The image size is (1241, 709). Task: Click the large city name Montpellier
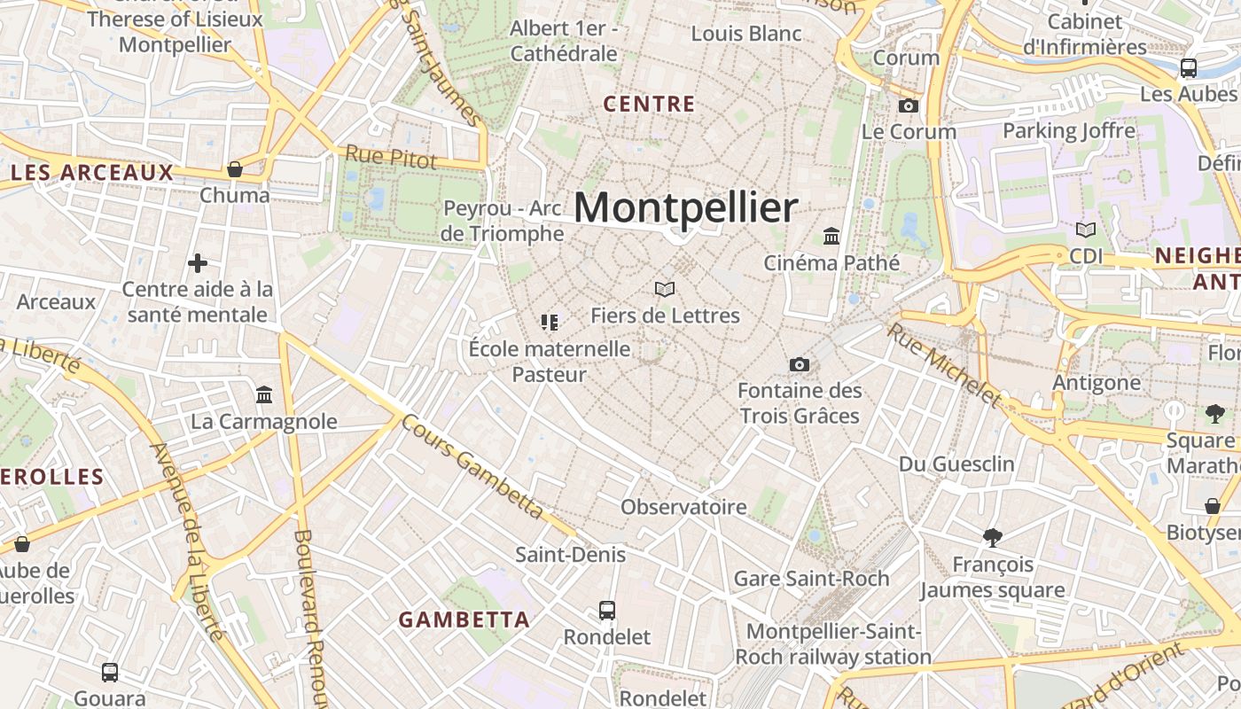[x=685, y=207]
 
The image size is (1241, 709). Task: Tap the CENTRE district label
[x=649, y=104]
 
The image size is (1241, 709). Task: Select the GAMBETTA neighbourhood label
[x=464, y=619]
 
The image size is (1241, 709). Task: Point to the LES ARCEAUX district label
[x=91, y=172]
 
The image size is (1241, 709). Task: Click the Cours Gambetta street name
[x=472, y=466]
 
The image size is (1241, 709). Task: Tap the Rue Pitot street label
[x=391, y=157]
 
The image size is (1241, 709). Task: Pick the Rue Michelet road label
[x=945, y=366]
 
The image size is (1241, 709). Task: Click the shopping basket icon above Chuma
[x=235, y=168]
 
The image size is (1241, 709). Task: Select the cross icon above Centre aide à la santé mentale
[x=198, y=263]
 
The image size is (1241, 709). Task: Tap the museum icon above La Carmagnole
[x=264, y=394]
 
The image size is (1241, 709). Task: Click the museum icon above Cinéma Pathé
[x=831, y=237]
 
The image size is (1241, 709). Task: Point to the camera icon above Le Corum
[x=909, y=106]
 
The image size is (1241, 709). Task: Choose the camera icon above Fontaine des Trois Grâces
[x=799, y=364]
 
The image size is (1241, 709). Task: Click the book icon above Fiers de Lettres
[x=665, y=289]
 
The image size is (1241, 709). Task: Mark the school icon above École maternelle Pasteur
[x=550, y=323]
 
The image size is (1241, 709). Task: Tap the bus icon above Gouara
[x=110, y=673]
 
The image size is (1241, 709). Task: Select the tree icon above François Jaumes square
[x=993, y=537]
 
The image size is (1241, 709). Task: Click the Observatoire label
[x=683, y=507]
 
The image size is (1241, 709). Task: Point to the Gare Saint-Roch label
[x=811, y=579]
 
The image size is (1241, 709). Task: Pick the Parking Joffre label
[x=1068, y=131]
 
